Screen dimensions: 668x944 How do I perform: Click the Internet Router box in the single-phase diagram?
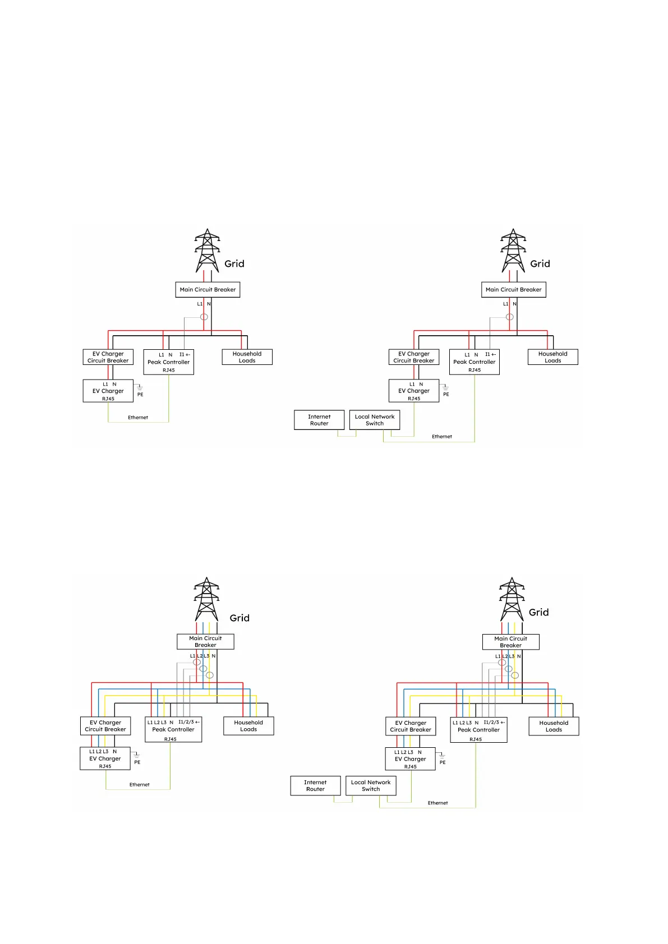coord(319,420)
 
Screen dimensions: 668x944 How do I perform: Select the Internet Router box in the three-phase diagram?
coord(315,785)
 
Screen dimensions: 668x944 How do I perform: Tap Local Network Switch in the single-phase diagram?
coord(375,420)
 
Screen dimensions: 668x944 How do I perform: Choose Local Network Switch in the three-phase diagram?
coord(371,785)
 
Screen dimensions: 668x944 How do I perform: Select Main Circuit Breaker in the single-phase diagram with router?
coord(513,290)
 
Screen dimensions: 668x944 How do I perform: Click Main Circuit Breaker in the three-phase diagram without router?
coord(205,641)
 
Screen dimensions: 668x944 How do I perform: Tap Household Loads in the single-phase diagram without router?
coord(247,357)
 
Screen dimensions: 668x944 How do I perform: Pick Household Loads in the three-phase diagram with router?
coord(554,726)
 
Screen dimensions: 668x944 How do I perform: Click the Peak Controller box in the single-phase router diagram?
coord(474,362)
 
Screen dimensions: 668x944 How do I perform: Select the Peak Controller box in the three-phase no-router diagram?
coord(173,729)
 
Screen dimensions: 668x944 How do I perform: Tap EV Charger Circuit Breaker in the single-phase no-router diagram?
coord(108,357)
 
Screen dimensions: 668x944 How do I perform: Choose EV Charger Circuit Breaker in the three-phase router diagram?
coord(411,726)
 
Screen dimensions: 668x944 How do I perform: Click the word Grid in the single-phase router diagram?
coord(540,263)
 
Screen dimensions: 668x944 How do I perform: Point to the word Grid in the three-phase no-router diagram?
coord(239,618)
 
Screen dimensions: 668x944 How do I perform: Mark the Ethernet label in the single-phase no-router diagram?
coord(138,418)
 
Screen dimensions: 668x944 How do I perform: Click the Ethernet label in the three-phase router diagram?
coord(437,803)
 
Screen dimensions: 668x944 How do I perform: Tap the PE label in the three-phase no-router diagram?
coord(137,762)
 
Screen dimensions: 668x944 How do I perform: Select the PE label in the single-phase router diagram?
coord(446,395)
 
